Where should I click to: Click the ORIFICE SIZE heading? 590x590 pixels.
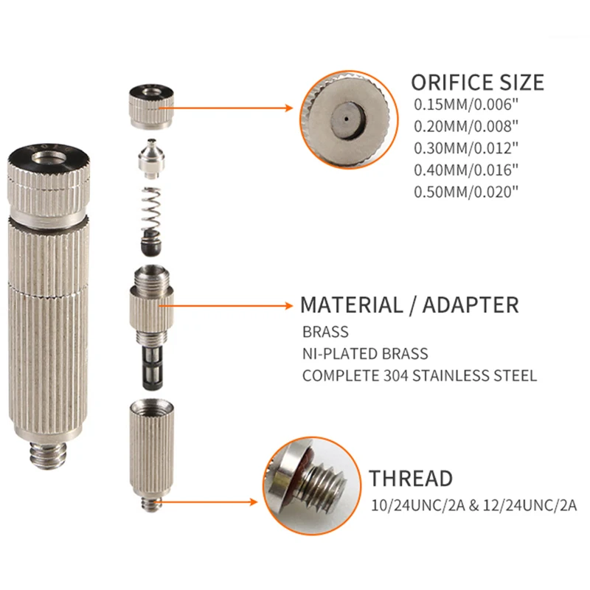pyautogui.click(x=477, y=81)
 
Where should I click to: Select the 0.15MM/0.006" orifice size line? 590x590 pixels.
pyautogui.click(x=466, y=105)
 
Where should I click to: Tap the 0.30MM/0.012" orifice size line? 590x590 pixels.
pyautogui.click(x=466, y=147)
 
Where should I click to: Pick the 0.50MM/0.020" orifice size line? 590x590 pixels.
pyautogui.click(x=466, y=191)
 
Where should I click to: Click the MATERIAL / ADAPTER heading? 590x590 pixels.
pyautogui.click(x=409, y=305)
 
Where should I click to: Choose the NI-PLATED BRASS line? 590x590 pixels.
pyautogui.click(x=364, y=354)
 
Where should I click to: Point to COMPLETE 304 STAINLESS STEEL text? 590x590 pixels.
pyautogui.click(x=419, y=376)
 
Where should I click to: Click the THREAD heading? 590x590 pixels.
pyautogui.click(x=411, y=478)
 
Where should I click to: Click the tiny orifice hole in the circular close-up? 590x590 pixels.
pyautogui.click(x=344, y=117)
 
